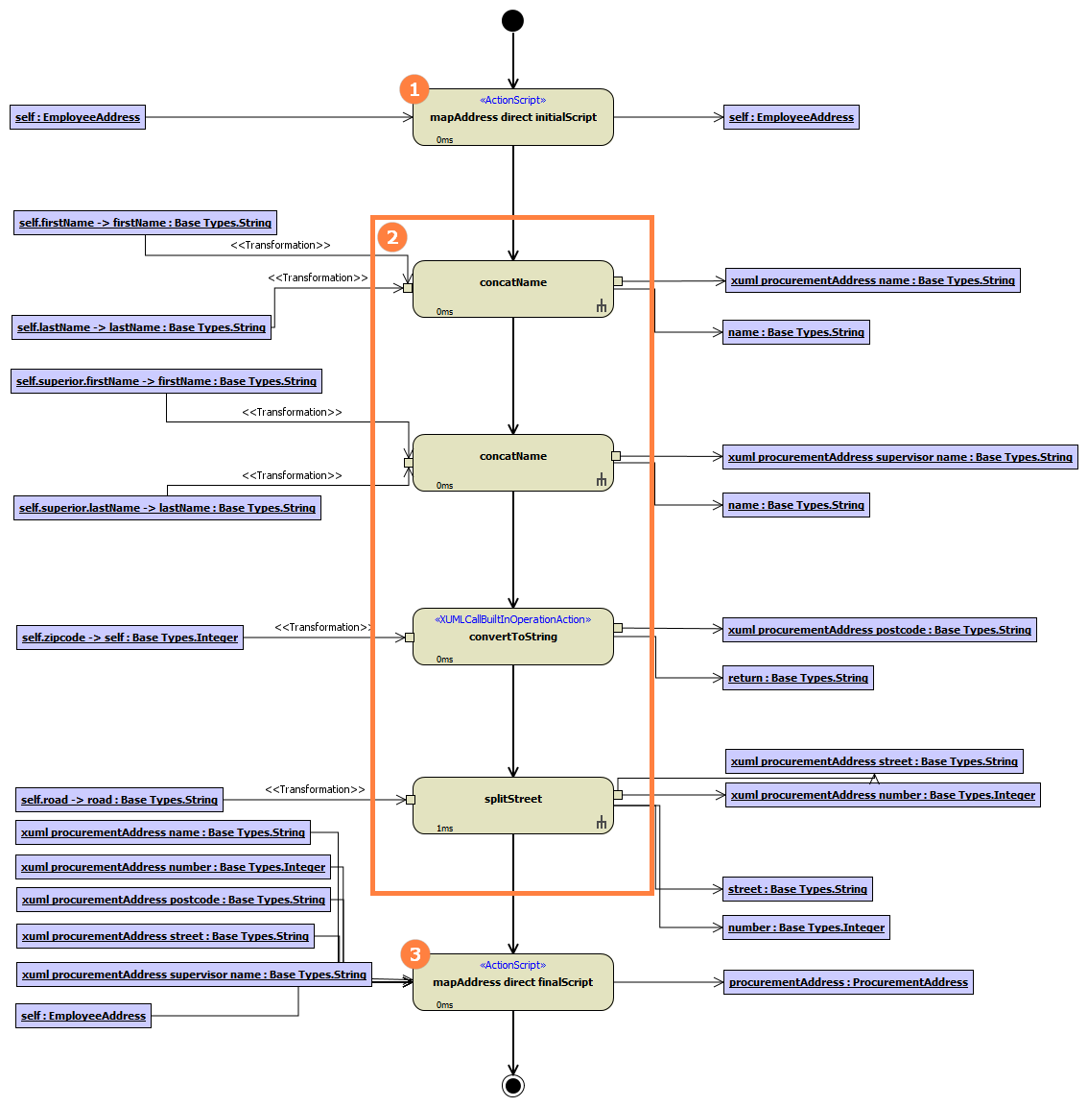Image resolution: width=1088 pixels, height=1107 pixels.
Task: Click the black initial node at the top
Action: pyautogui.click(x=513, y=20)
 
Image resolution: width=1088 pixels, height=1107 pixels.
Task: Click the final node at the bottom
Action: pyautogui.click(x=513, y=1085)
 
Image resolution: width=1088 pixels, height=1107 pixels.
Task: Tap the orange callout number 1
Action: pyautogui.click(x=414, y=89)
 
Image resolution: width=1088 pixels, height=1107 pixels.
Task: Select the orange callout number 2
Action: pyautogui.click(x=392, y=237)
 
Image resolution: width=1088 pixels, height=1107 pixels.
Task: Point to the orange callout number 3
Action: pyautogui.click(x=414, y=954)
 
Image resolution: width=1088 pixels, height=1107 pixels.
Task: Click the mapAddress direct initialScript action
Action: pyautogui.click(x=512, y=117)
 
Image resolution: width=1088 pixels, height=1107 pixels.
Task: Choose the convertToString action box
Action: pyautogui.click(x=512, y=637)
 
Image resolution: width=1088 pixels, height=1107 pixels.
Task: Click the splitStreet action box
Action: pyautogui.click(x=512, y=805)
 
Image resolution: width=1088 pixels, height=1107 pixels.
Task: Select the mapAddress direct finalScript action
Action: pyautogui.click(x=512, y=982)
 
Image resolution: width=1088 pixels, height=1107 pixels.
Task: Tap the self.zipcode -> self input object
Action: pyautogui.click(x=130, y=638)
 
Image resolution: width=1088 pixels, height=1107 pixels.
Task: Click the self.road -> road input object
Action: pyautogui.click(x=120, y=800)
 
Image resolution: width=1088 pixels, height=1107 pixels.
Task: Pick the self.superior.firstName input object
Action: pyautogui.click(x=166, y=381)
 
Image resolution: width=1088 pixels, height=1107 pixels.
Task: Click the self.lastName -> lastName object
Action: pyautogui.click(x=141, y=327)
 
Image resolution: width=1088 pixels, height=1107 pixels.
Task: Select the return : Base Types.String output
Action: pyautogui.click(x=797, y=678)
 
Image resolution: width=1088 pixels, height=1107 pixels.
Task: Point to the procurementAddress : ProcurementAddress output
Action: pyautogui.click(x=848, y=982)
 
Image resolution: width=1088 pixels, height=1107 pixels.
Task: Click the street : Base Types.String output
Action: pyautogui.click(x=797, y=889)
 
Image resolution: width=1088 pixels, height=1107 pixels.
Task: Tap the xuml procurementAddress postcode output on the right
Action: pyautogui.click(x=879, y=630)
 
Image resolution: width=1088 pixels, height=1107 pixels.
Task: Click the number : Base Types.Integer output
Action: pyautogui.click(x=806, y=927)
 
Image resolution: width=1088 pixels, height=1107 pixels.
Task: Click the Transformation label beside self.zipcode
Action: pyautogui.click(x=322, y=627)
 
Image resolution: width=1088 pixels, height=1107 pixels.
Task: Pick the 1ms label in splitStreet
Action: pyautogui.click(x=445, y=828)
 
